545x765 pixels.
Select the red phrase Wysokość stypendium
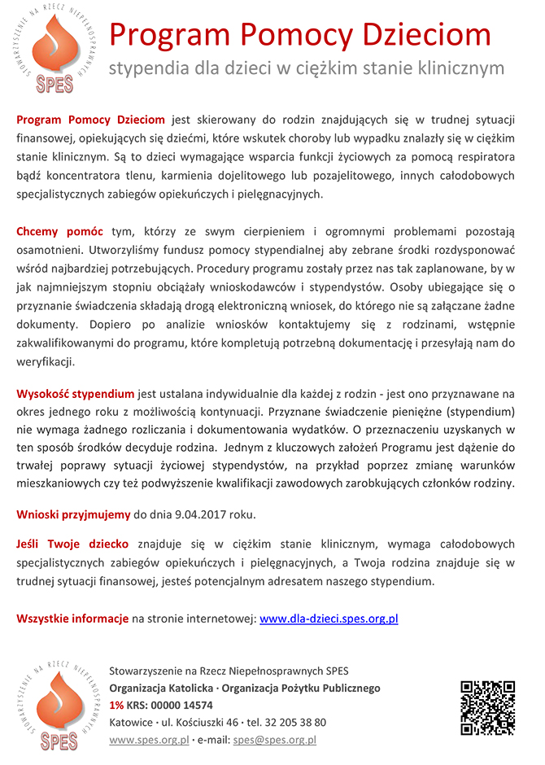(x=76, y=394)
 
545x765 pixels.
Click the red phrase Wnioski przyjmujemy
(x=73, y=514)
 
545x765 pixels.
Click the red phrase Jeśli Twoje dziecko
(x=72, y=544)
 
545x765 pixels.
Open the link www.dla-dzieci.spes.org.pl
(x=328, y=619)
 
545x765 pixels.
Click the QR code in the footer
(x=487, y=707)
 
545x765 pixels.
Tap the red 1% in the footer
(x=116, y=705)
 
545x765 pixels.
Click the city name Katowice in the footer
(x=130, y=722)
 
